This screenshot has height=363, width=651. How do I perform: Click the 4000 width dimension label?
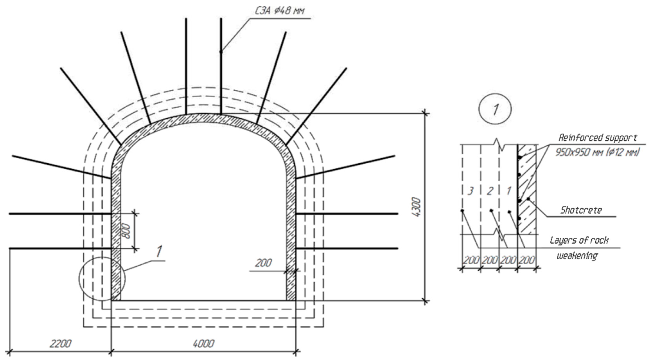click(204, 343)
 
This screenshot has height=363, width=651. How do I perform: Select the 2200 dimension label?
click(60, 343)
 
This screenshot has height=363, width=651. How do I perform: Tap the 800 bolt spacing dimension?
click(126, 231)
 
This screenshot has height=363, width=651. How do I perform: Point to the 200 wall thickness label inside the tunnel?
click(263, 263)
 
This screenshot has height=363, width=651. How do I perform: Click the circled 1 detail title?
click(495, 109)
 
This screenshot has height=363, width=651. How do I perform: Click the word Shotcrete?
click(581, 210)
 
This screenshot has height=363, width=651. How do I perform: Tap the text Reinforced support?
click(597, 138)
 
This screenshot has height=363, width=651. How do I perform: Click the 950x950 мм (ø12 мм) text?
click(597, 152)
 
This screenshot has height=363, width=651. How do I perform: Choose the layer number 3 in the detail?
click(470, 191)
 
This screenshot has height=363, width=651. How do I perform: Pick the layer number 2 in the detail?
click(490, 191)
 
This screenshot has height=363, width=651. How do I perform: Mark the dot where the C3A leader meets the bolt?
click(221, 52)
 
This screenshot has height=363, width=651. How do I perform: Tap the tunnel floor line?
click(204, 301)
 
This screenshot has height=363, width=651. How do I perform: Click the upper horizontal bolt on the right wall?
click(346, 214)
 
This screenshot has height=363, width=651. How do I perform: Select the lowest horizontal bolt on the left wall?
click(61, 248)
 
